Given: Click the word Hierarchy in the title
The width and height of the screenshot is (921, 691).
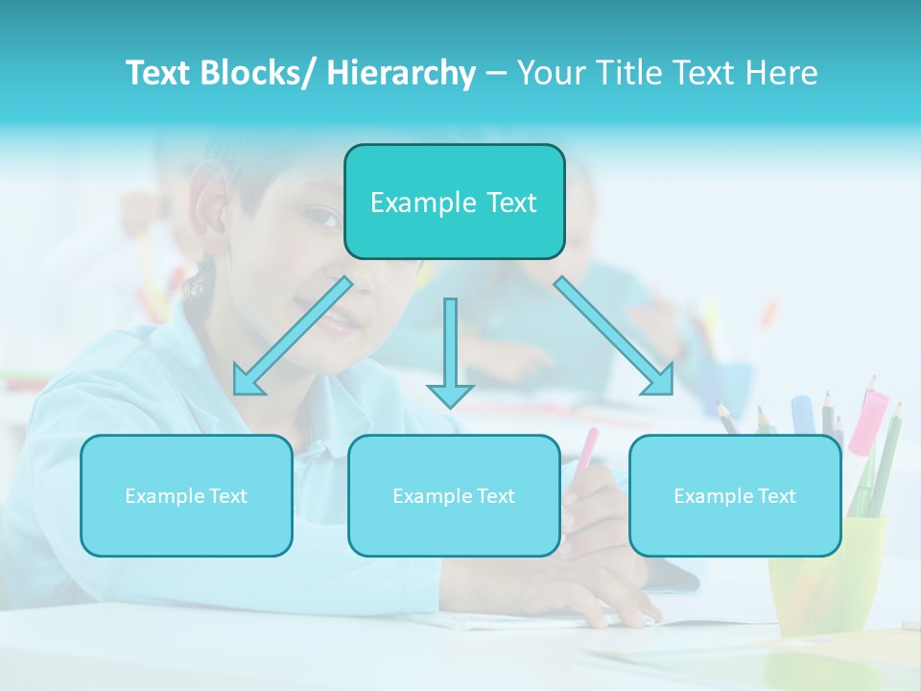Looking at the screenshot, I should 401,73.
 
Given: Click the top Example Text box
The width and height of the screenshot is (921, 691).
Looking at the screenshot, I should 454,202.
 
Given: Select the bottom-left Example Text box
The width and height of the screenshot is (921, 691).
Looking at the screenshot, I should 186,495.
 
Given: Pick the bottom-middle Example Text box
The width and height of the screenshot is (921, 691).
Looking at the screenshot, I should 454,495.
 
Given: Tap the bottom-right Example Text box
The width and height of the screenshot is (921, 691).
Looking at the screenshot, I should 735,495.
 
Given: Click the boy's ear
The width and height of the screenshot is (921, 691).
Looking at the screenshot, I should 208,206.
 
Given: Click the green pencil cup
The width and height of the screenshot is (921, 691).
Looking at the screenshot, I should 825,576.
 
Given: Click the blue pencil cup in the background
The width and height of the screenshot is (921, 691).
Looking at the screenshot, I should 724,384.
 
